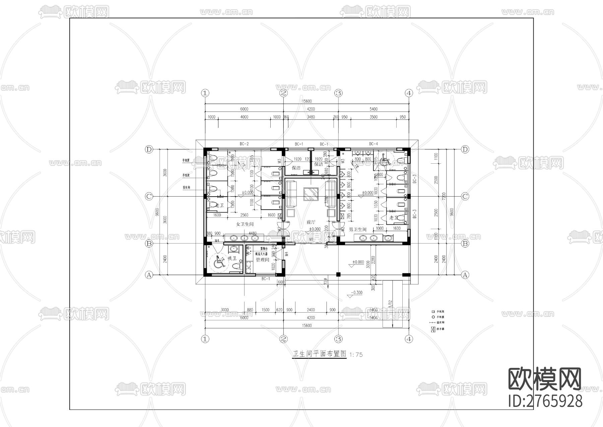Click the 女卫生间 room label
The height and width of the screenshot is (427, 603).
(245, 224)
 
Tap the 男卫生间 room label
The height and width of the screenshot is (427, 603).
(358, 229)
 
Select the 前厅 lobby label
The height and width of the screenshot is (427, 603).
(311, 222)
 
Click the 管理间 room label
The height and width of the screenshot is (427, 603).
(262, 260)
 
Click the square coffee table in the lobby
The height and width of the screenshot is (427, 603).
(311, 194)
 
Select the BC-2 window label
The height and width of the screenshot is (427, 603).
(244, 144)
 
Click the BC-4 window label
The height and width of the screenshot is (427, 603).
(374, 144)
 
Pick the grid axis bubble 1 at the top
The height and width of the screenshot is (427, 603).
(205, 93)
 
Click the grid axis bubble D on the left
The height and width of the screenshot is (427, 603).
(149, 149)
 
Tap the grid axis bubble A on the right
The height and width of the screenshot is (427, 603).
(465, 275)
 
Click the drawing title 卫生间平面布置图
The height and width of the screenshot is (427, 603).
(319, 354)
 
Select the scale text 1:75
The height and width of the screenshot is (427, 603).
(356, 355)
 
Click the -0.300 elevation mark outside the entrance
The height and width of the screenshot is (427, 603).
(356, 292)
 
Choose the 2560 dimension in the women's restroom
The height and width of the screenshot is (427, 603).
(244, 215)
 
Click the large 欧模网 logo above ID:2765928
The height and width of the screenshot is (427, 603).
(545, 379)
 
